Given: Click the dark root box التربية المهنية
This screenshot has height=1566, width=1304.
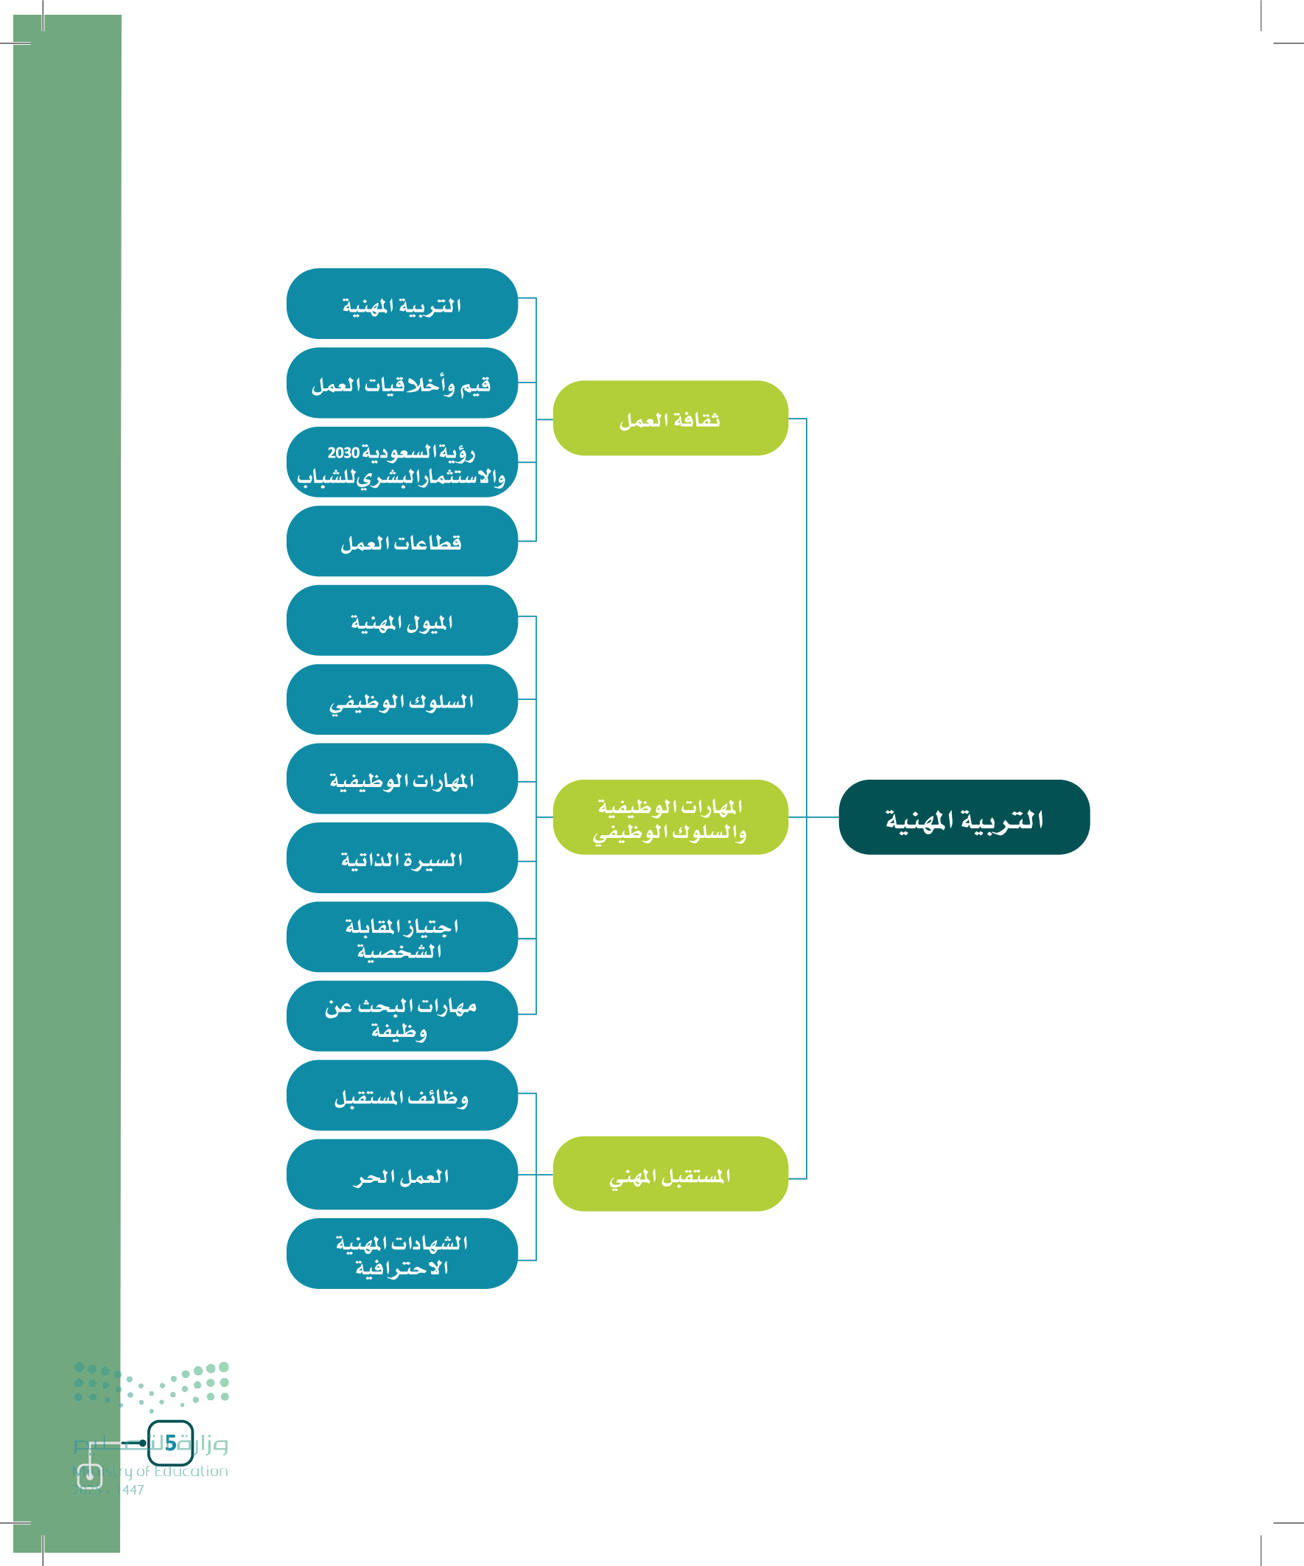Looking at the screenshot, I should (964, 817).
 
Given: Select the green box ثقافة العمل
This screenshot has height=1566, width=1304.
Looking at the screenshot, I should (670, 418).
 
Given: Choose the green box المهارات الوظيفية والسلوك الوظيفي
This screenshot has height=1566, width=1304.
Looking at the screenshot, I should (670, 817).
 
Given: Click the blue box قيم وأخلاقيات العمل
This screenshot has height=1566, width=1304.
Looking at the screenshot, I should (401, 382).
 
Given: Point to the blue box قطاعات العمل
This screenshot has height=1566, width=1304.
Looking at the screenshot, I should (401, 541).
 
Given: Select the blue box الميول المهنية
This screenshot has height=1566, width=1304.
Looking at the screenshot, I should (401, 620).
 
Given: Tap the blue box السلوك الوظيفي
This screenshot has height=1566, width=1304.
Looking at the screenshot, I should (401, 699).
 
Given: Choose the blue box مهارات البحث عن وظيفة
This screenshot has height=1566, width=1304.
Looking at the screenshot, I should (401, 1016).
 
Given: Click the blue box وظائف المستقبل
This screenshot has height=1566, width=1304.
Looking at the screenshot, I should (401, 1094).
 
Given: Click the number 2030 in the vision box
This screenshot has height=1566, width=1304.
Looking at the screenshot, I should (343, 452).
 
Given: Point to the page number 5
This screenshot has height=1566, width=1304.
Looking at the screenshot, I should (171, 1442).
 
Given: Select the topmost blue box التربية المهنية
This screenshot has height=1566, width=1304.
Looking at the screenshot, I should (401, 304).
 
